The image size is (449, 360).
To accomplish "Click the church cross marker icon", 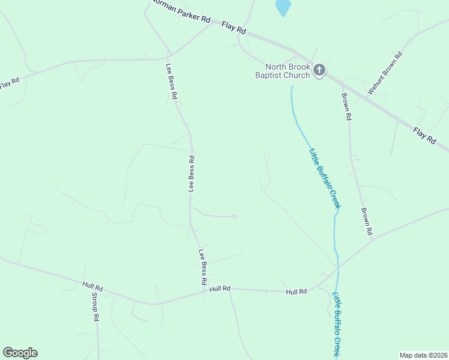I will coord(319,71).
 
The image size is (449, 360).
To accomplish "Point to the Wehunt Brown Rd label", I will coord(385,72).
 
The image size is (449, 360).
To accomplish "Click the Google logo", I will coord(20,353).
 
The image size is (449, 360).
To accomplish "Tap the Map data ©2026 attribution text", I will coord(423,355).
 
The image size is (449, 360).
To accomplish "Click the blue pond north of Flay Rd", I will coord(283,7).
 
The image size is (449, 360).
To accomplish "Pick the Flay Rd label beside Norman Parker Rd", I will coord(234,28).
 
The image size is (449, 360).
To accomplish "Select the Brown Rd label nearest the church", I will coord(346,106).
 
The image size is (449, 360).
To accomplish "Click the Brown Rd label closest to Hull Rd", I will coord(367,221).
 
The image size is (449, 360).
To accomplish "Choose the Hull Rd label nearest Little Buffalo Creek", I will coord(297,292).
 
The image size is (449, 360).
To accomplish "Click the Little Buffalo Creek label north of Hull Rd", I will coord(325,178).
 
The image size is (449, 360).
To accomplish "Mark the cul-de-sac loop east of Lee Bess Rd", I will coord(235,217).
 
